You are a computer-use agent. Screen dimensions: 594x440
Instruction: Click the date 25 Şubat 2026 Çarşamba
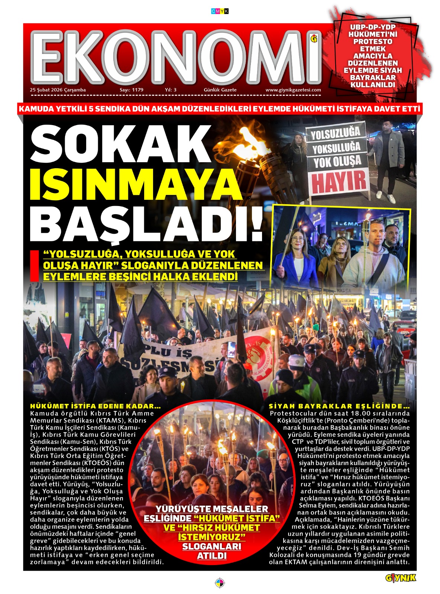[58, 90]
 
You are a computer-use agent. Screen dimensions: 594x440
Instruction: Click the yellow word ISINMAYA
[136, 184]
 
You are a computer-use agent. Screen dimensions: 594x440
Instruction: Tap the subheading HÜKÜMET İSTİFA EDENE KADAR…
[96, 406]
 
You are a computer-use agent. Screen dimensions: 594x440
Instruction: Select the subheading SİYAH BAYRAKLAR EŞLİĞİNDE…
[339, 406]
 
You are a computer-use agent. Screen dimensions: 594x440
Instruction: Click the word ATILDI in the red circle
[212, 556]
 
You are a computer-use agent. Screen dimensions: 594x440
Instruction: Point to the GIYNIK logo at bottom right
[401, 578]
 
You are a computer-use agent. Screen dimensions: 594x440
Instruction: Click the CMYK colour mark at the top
[220, 11]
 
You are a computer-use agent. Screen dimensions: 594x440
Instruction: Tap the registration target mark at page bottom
[220, 582]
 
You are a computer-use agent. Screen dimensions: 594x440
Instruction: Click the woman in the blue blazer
[294, 256]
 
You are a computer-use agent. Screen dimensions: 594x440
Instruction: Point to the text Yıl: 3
[171, 90]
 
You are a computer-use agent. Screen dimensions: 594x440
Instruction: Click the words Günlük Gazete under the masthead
[220, 90]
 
